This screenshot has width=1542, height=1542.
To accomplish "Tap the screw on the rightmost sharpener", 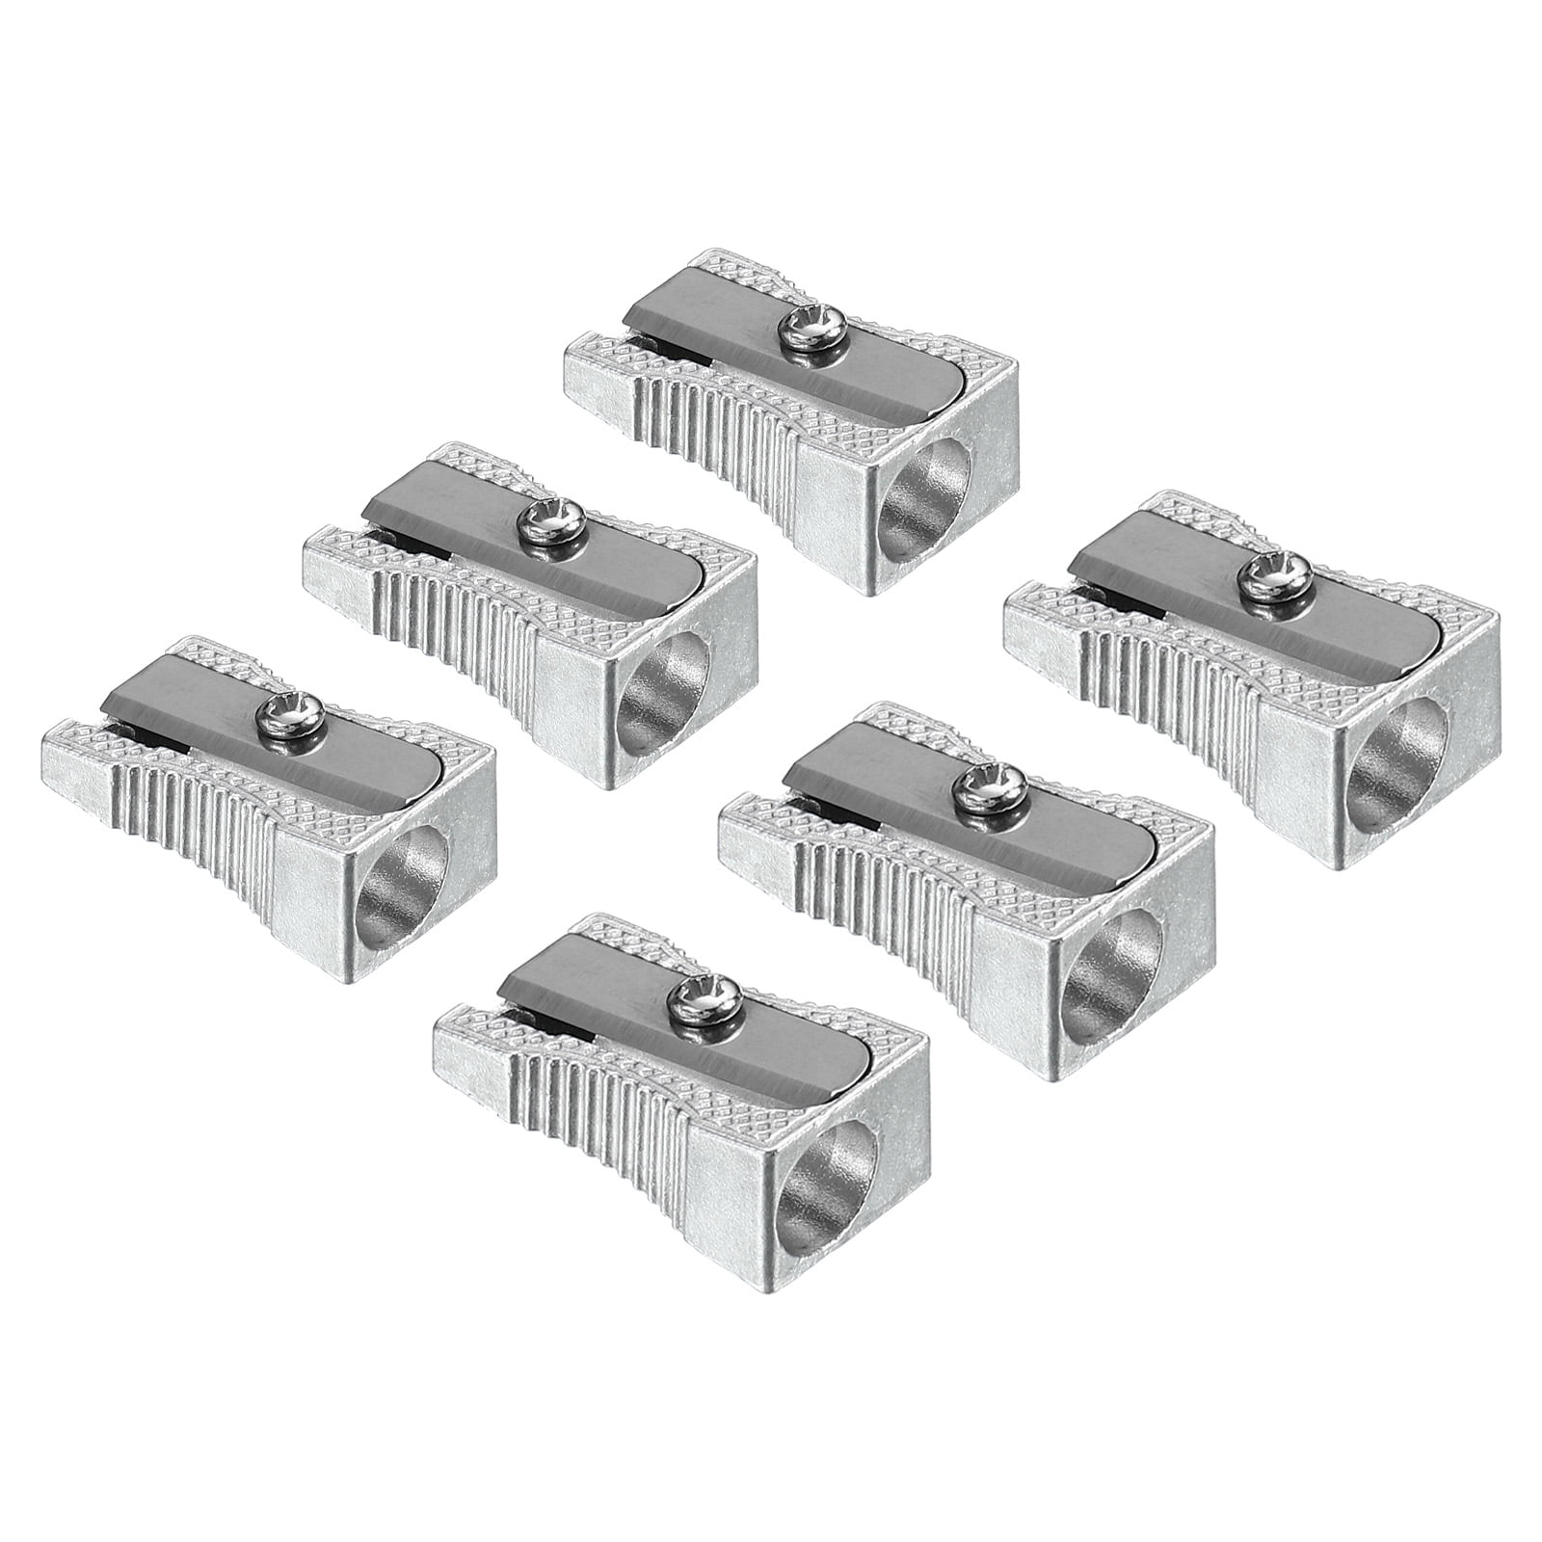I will [x=1256, y=576].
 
